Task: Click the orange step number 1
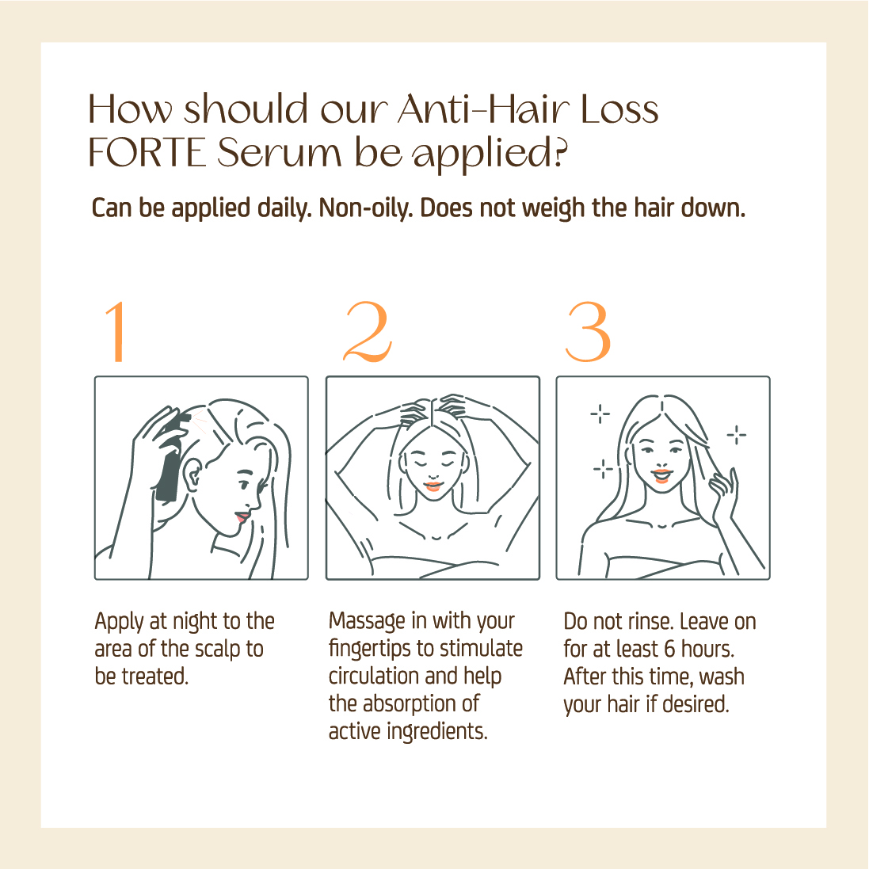pos(116,332)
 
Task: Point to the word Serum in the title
pos(280,153)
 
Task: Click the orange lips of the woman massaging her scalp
pos(433,486)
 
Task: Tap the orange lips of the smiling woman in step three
pos(661,476)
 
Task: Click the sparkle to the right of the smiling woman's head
pos(737,435)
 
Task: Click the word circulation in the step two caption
pos(374,677)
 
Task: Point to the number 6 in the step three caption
pos(669,649)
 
